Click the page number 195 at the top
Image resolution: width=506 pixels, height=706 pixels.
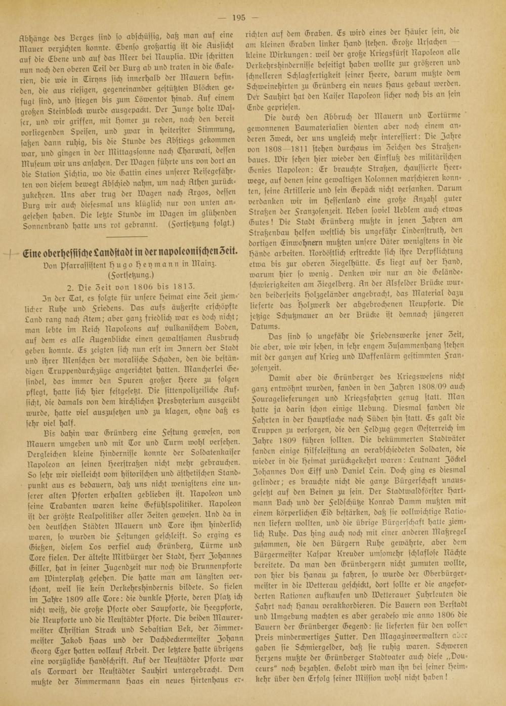point(239,17)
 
